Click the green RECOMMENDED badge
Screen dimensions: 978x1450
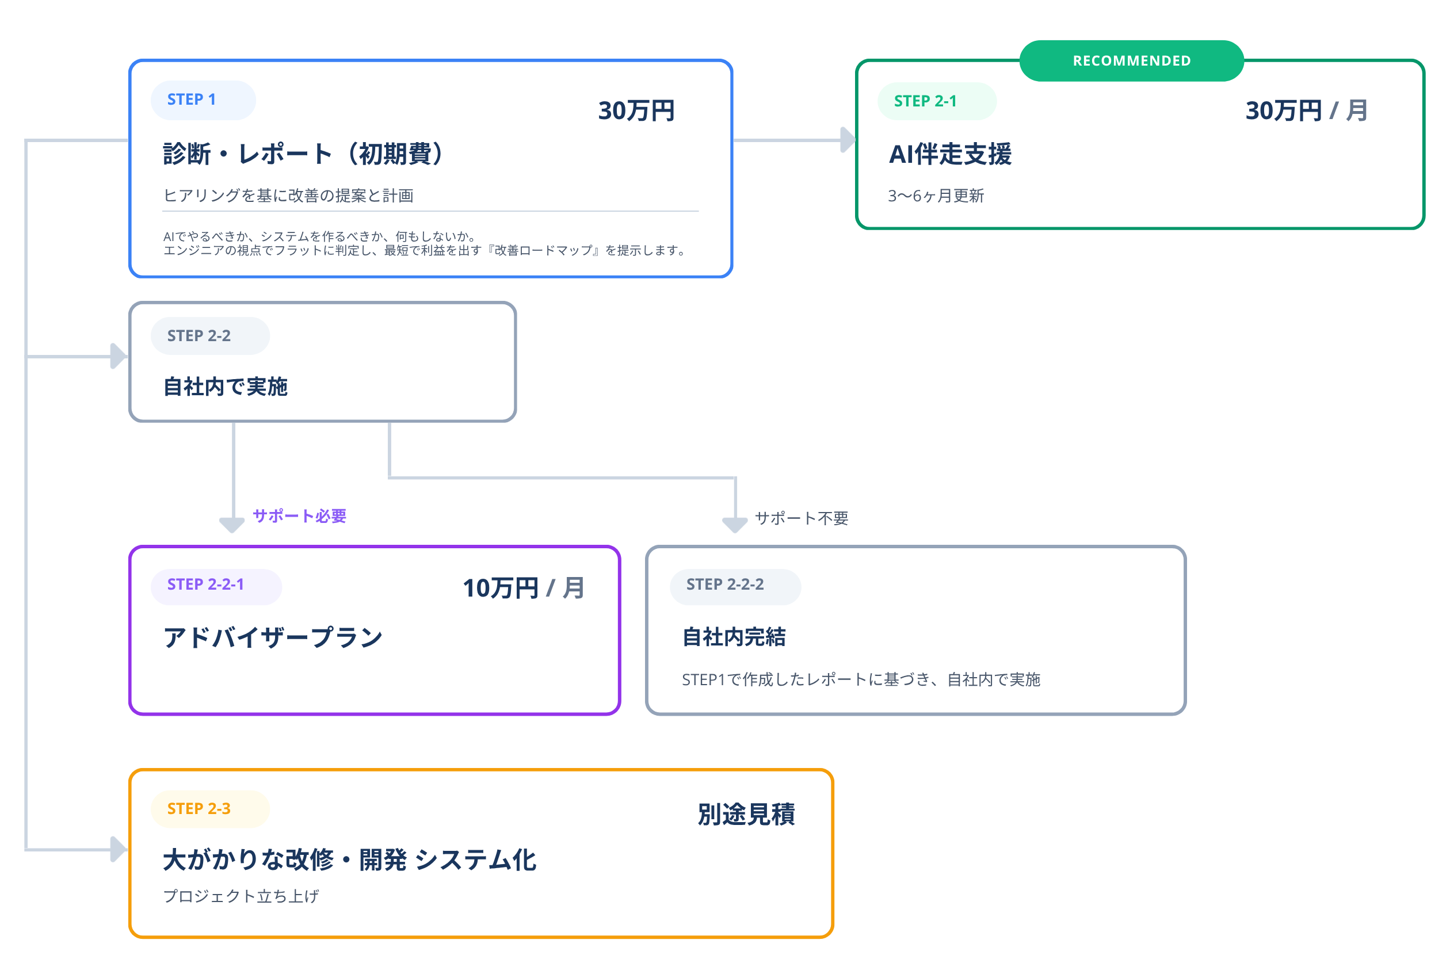point(1131,60)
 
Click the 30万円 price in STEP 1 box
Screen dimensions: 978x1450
point(636,111)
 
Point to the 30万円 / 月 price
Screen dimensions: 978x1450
point(1306,111)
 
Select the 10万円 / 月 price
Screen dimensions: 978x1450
point(523,588)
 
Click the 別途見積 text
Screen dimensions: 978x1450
point(746,814)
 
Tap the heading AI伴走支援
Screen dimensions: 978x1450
point(950,154)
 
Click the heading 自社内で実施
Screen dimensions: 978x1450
point(225,387)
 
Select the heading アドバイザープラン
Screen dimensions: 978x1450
point(273,637)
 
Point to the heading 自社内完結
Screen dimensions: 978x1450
point(734,637)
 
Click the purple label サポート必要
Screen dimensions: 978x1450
point(299,516)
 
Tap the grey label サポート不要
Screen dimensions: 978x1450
point(802,518)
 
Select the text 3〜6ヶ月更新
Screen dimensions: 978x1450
point(936,196)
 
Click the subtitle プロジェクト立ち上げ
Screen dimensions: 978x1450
point(241,896)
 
